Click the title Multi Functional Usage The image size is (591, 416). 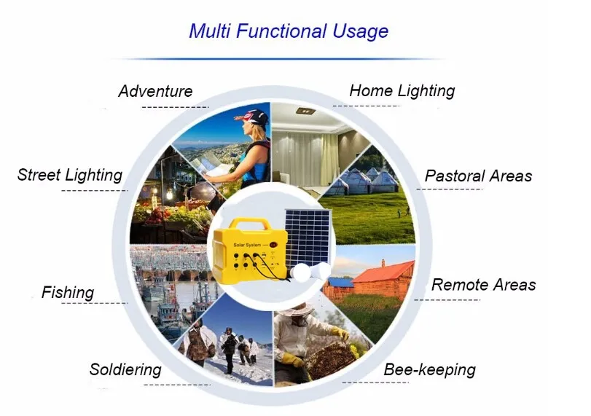pos(289,31)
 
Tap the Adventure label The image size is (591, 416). pos(155,91)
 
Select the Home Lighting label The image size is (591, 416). pos(402,91)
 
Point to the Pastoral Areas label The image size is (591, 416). pos(478,176)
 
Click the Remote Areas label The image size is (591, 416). pos(484,285)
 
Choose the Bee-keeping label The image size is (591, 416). pos(430,369)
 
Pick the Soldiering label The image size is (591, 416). pos(125,370)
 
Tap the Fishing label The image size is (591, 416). pos(68,293)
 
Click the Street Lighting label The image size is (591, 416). pos(70,176)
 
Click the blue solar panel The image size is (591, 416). pos(308,238)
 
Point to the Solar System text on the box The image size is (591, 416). pos(247,245)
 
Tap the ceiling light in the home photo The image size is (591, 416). pos(305,111)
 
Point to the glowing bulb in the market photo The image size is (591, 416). pos(169,195)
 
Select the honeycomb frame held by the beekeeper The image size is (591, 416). pos(331,357)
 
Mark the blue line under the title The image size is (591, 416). pos(277,59)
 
